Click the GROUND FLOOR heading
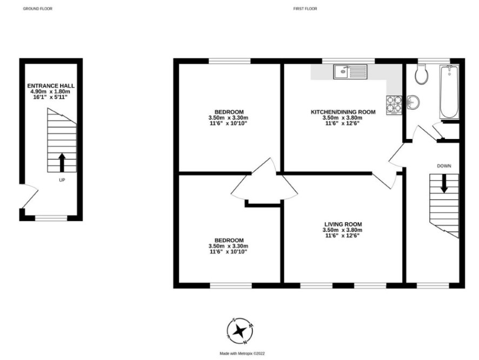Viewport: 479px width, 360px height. pos(38,9)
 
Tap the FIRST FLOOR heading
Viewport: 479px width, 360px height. pos(305,9)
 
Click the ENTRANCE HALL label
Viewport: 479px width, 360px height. pos(51,86)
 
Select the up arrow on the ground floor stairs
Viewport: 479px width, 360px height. pos(62,162)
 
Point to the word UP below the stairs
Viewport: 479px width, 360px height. pos(62,180)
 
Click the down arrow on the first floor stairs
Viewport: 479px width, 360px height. pos(444,183)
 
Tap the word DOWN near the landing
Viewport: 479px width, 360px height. pos(444,166)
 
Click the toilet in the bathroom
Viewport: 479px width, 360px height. pos(422,74)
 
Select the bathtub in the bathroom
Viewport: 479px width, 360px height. pos(449,92)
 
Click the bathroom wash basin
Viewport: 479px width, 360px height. pos(413,102)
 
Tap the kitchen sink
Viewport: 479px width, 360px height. pos(350,71)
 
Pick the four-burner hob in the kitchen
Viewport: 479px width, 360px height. pos(394,105)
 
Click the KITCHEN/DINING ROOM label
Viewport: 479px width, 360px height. pos(343,112)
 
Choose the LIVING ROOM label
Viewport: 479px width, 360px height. pos(343,224)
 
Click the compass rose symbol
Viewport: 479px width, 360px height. pos(241,331)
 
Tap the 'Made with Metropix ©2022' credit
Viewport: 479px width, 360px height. pos(242,354)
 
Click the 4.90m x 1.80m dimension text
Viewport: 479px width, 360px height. pos(50,91)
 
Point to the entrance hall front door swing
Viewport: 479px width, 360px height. pos(30,196)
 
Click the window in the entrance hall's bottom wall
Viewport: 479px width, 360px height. pos(51,218)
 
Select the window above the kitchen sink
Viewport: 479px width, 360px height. pos(349,61)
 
